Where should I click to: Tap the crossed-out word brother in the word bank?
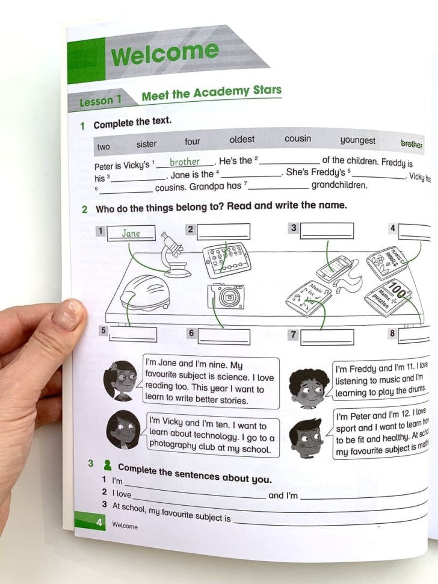coord(412,144)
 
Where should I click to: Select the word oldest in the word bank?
coord(242,140)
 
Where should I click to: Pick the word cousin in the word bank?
coord(298,139)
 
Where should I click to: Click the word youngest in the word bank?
coord(357,141)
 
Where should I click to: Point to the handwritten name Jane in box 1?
coord(131,233)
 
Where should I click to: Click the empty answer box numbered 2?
coord(223,232)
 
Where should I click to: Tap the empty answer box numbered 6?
coord(224,335)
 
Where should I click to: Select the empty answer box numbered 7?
coord(327,336)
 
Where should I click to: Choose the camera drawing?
coord(226,296)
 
